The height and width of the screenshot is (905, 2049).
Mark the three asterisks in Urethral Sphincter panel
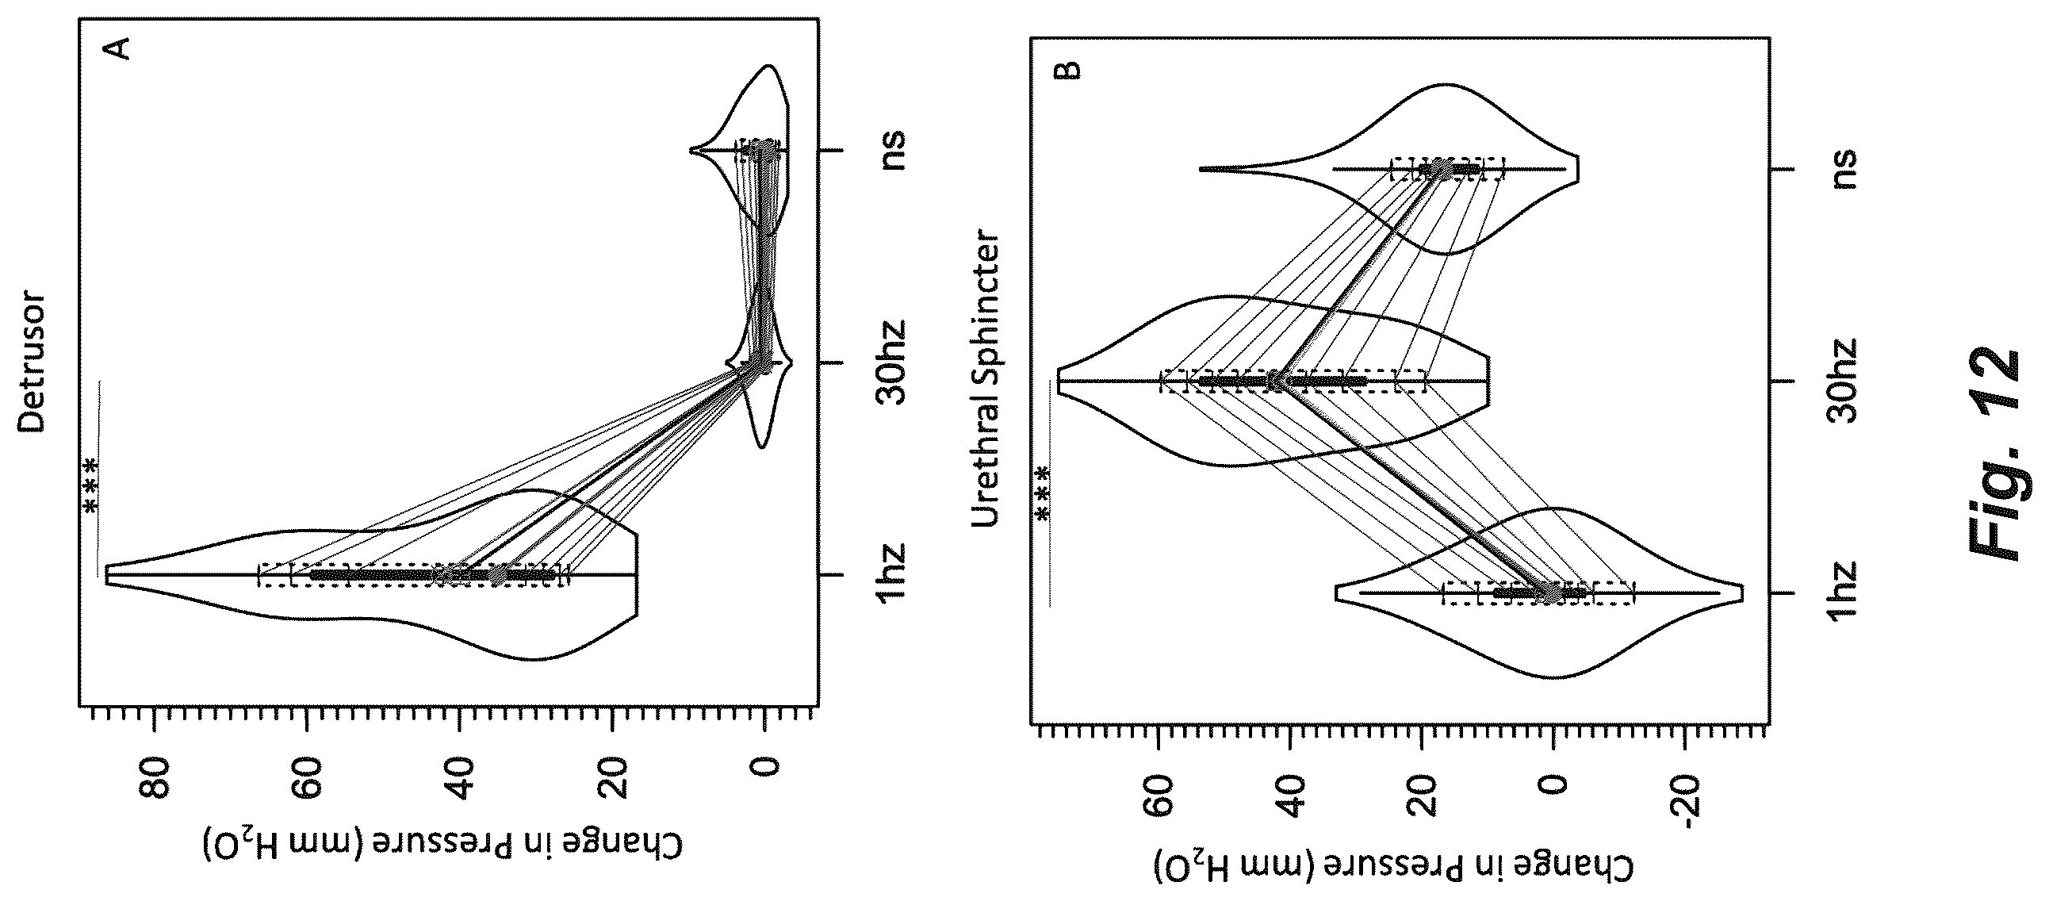pos(1043,493)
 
